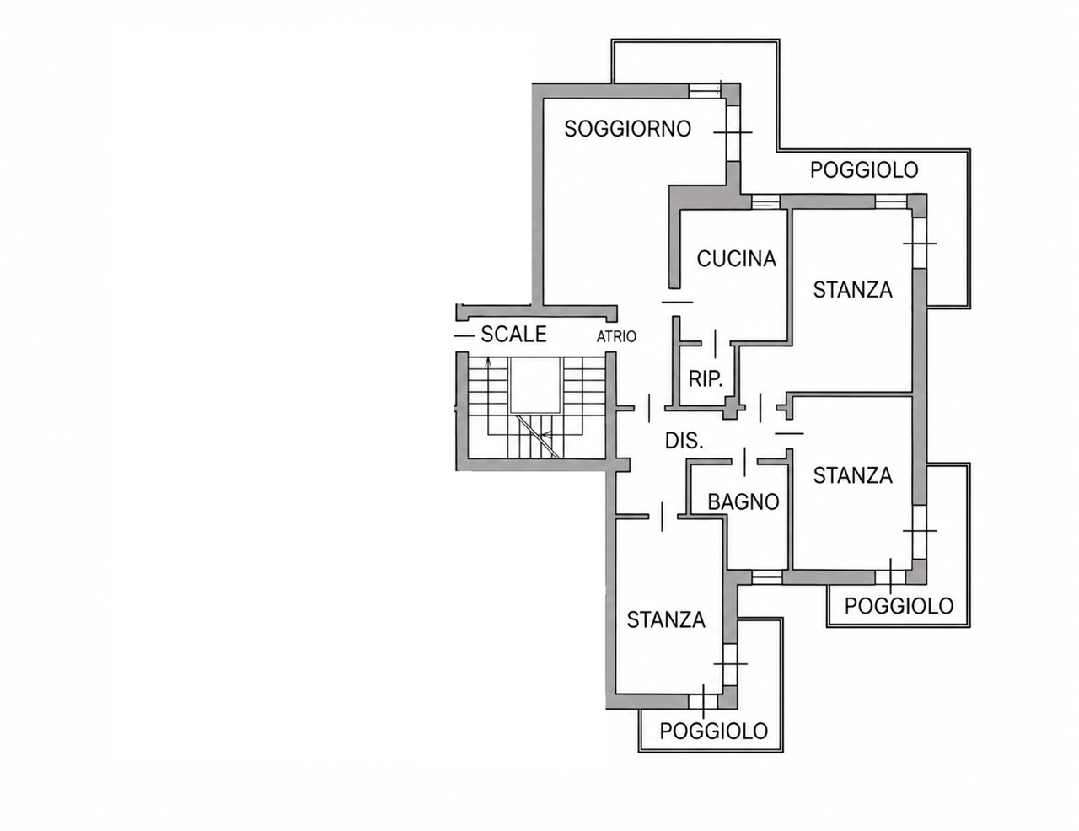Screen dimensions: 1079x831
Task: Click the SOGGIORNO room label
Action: click(x=628, y=129)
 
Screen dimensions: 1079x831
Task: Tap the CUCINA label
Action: click(x=737, y=259)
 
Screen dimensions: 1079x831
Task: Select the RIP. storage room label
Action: click(x=706, y=379)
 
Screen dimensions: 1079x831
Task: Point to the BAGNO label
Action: click(x=743, y=501)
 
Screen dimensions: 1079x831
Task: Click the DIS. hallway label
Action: click(x=684, y=440)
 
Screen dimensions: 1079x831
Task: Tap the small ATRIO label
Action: click(x=616, y=337)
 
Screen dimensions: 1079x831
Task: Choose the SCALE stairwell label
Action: click(x=513, y=335)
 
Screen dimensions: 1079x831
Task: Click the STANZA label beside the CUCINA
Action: click(x=852, y=290)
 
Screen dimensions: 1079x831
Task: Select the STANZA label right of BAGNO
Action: click(x=852, y=475)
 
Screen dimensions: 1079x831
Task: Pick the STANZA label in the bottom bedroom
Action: click(x=666, y=619)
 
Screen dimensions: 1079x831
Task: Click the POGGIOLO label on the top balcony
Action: click(x=864, y=169)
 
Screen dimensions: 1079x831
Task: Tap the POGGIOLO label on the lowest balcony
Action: click(x=713, y=731)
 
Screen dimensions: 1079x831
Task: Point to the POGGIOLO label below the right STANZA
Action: click(x=899, y=606)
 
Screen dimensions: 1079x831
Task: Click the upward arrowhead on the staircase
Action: click(x=489, y=362)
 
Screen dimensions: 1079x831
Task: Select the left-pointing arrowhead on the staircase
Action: click(x=545, y=435)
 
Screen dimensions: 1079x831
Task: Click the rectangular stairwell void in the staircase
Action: click(x=536, y=384)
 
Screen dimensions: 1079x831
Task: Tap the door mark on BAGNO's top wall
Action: click(x=744, y=461)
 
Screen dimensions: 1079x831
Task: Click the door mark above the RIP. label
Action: click(x=715, y=344)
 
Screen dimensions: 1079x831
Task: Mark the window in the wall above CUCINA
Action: click(x=765, y=202)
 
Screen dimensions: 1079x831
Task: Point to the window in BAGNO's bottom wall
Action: click(x=767, y=576)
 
